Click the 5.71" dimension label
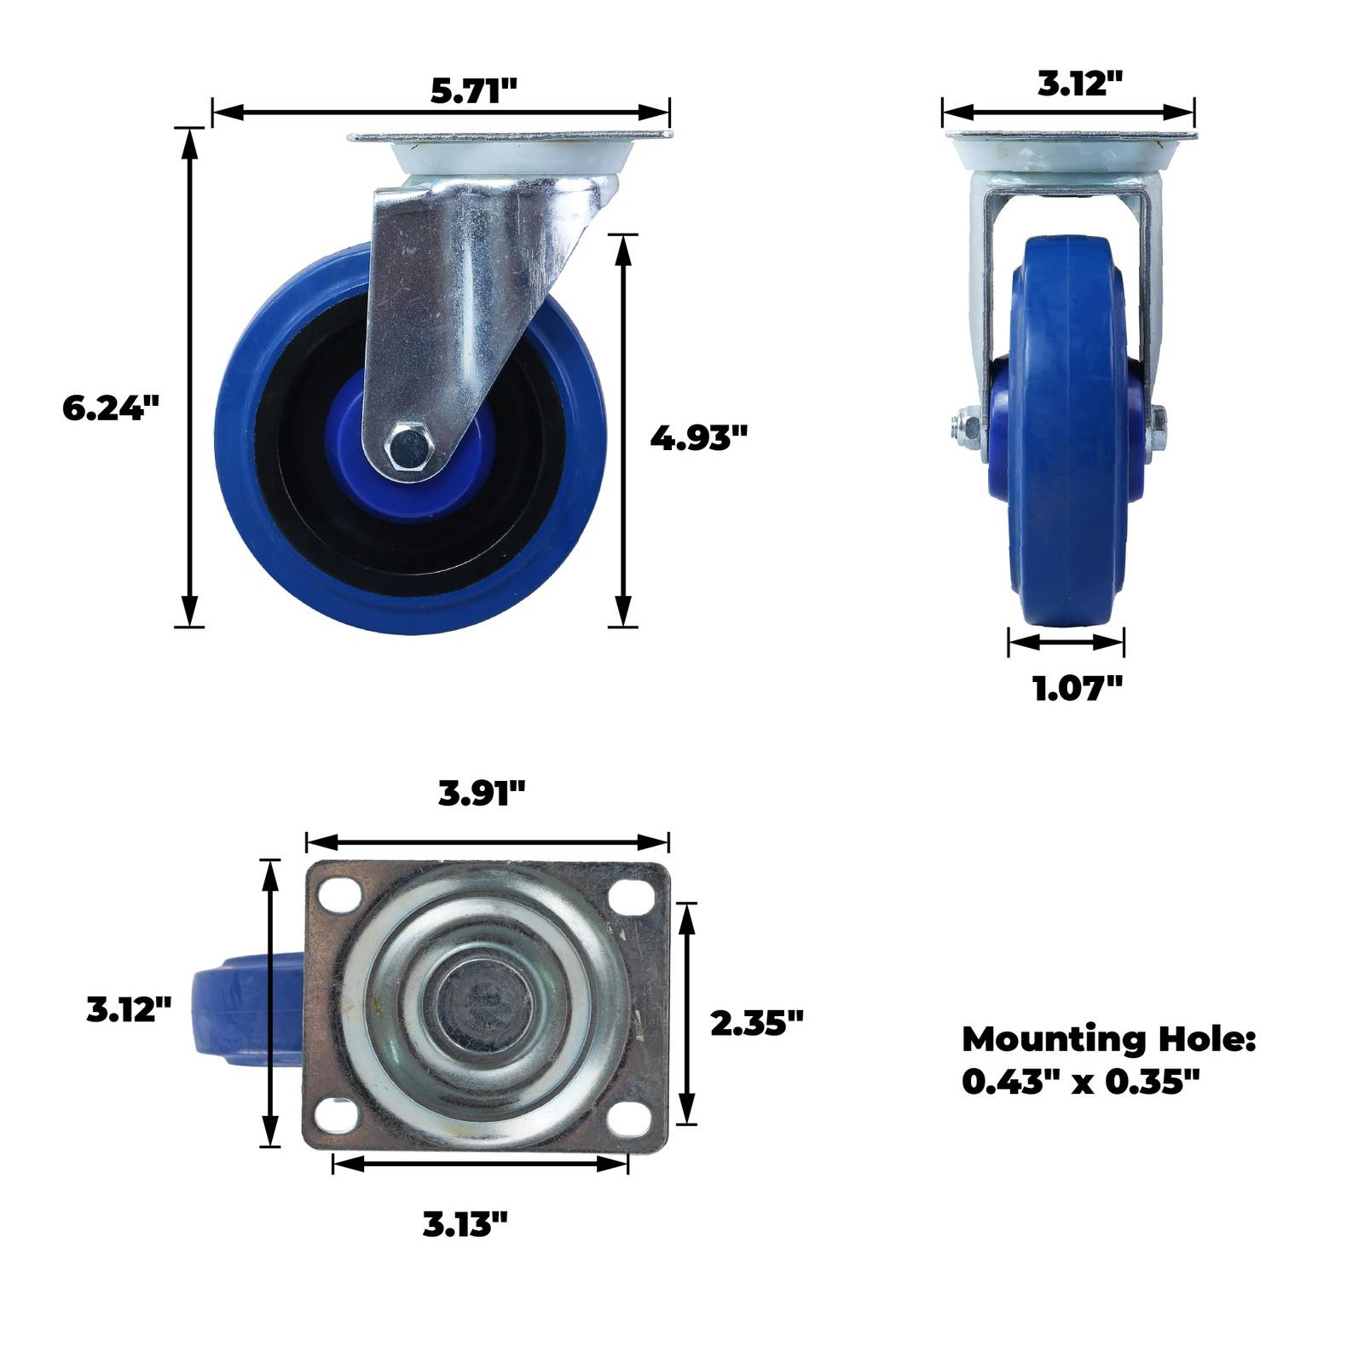tap(474, 90)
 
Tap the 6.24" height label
tap(111, 407)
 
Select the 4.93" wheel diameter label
tap(698, 437)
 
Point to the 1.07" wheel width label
tap(1078, 687)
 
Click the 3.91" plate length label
tap(482, 794)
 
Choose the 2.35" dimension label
tap(757, 1022)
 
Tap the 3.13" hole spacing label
tap(465, 1224)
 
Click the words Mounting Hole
tap(1109, 1039)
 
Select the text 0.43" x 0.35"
tap(1081, 1081)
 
